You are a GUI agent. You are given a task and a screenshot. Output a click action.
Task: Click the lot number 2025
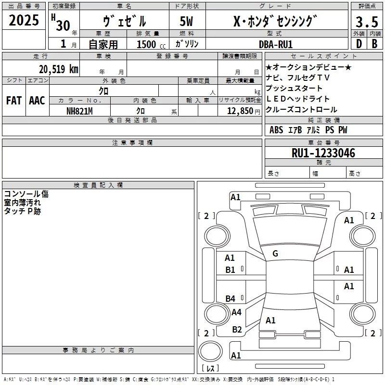coord(24,21)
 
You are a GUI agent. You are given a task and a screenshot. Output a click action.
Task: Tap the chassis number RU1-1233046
coord(323,153)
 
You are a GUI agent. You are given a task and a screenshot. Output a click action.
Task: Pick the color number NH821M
coord(79,111)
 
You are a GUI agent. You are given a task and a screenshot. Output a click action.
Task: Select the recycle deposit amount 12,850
coord(240,111)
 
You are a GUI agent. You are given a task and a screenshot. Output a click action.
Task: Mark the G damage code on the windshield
coord(275,253)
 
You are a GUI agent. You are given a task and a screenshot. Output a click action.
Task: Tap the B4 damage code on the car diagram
coord(231,299)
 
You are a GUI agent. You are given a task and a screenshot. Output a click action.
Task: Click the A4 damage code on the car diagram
coord(236,312)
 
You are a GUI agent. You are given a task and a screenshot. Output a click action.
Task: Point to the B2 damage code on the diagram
coord(237,330)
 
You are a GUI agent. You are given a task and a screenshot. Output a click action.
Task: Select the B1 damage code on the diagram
coord(231,270)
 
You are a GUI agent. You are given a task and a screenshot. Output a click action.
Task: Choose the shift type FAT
coord(14,101)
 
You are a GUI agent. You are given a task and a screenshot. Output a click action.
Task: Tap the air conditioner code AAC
coord(37,101)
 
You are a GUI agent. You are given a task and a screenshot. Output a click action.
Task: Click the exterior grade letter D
coord(359,44)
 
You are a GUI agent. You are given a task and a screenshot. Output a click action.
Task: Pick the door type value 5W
coord(186,22)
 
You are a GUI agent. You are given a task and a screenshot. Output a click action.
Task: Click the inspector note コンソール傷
coord(26,194)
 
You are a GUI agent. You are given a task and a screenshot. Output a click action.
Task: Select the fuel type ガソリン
coord(187,44)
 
